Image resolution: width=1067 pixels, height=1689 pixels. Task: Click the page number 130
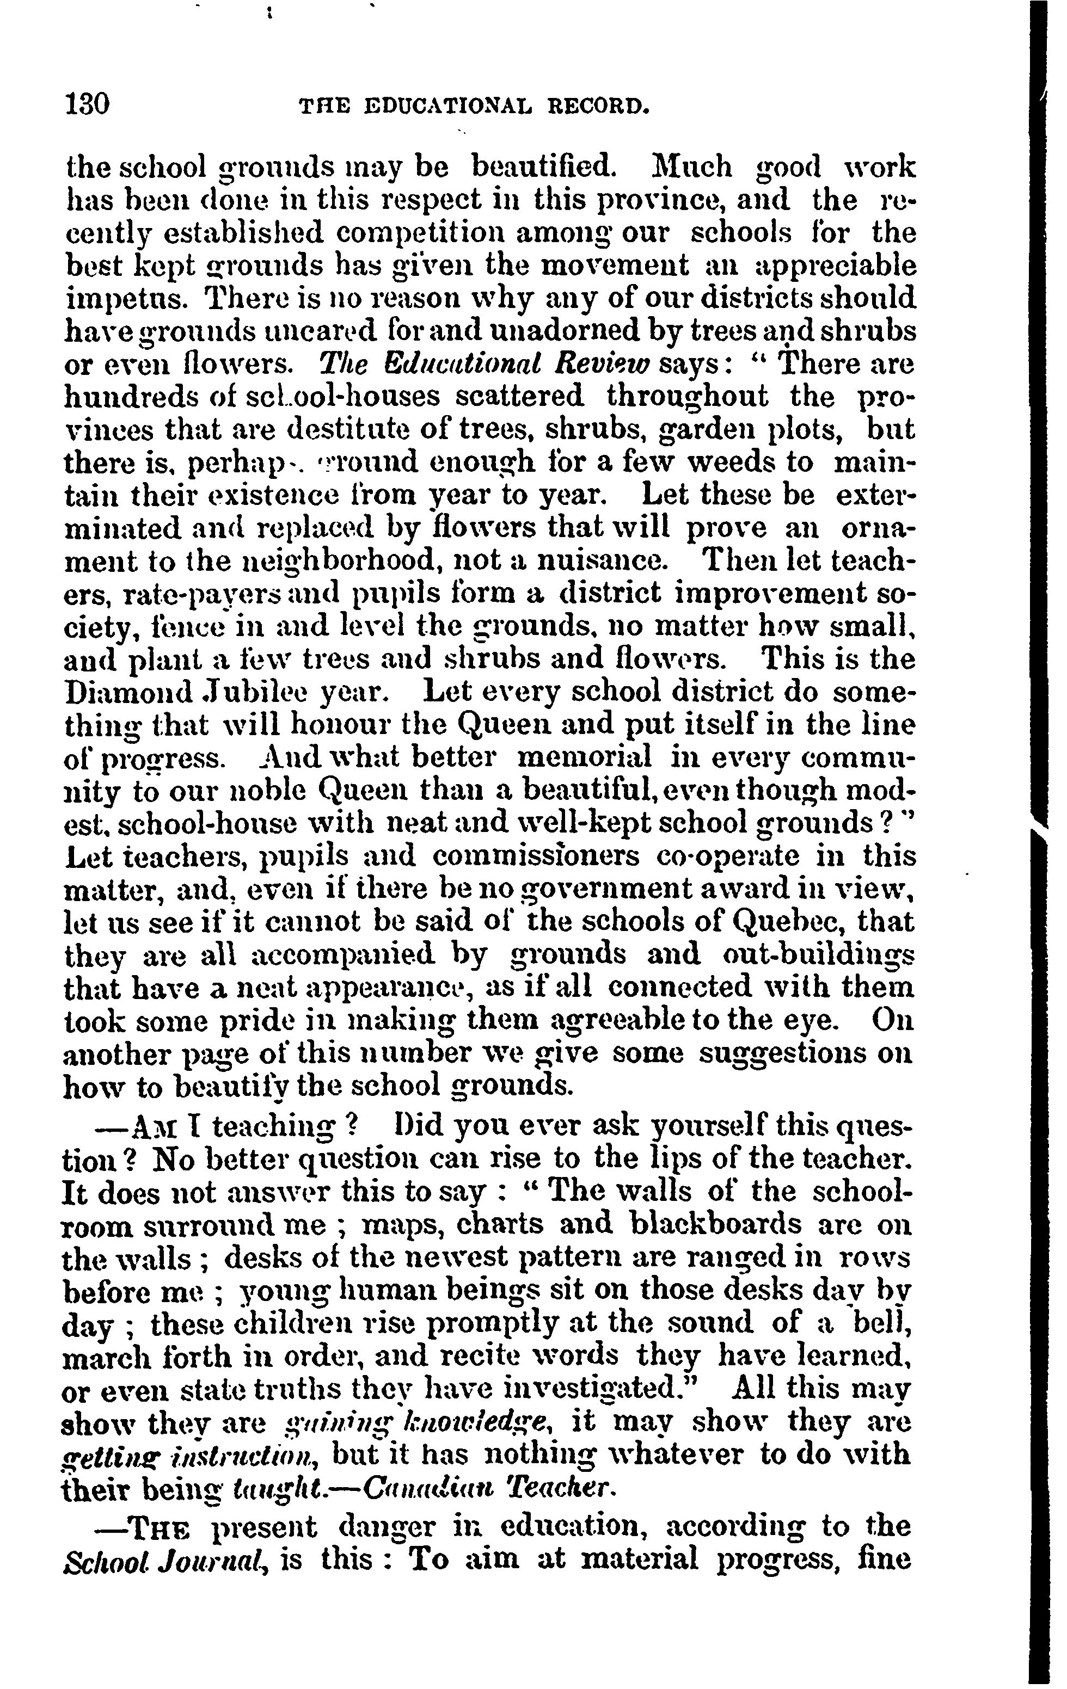pyautogui.click(x=87, y=104)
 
